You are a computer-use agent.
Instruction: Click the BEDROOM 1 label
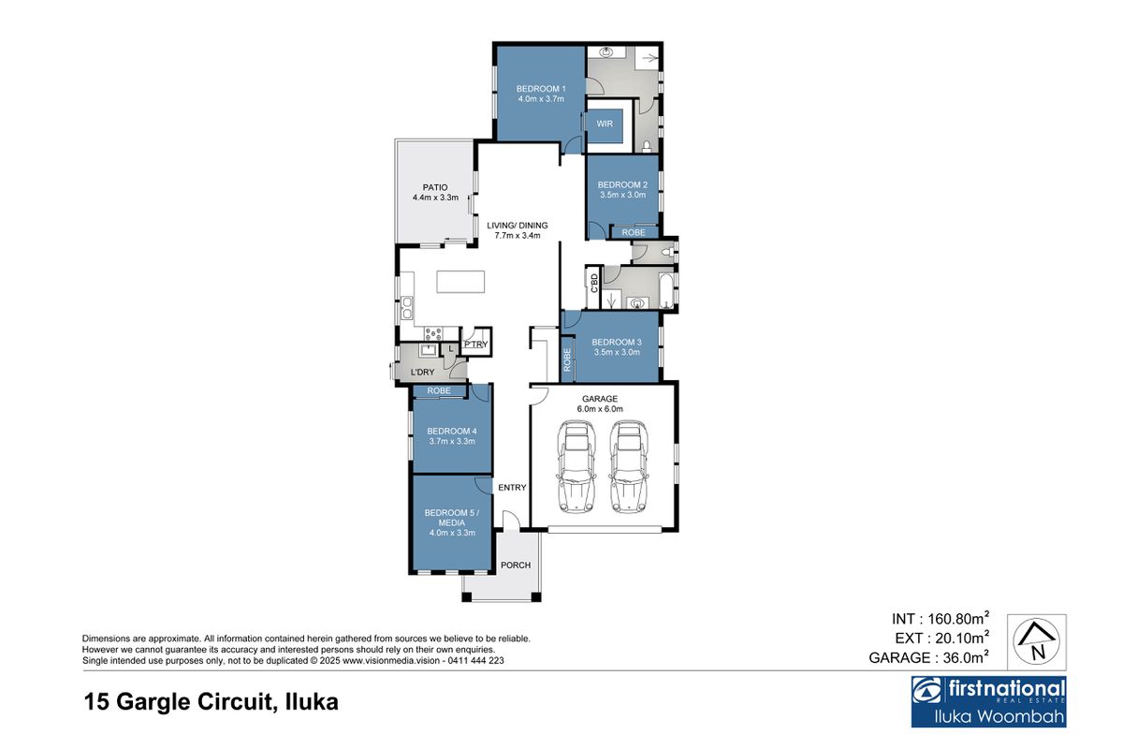(x=540, y=89)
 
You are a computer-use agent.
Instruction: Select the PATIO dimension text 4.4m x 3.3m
(x=435, y=198)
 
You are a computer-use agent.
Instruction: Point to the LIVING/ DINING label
(x=517, y=226)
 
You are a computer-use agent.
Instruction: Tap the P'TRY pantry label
(x=475, y=345)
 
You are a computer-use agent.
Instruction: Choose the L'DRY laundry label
(x=423, y=373)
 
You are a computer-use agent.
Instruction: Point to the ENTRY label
(x=512, y=487)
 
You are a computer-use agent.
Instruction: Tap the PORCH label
(x=516, y=565)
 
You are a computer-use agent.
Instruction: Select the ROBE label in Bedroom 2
(x=634, y=232)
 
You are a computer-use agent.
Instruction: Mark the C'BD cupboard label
(x=593, y=282)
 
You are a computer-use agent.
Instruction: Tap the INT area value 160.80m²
(x=956, y=619)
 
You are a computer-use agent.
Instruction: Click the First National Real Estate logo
(x=988, y=701)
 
